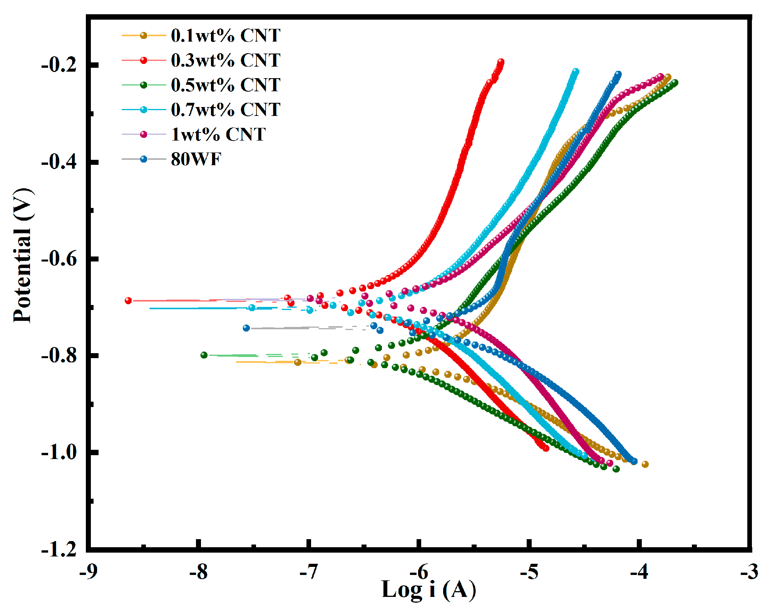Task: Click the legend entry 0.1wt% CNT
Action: pyautogui.click(x=226, y=35)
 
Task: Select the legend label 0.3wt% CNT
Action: pyautogui.click(x=226, y=60)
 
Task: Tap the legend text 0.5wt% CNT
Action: pyautogui.click(x=226, y=85)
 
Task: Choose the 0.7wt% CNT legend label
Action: pyautogui.click(x=226, y=110)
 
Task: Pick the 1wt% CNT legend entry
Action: pyautogui.click(x=218, y=134)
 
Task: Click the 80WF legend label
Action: pyautogui.click(x=196, y=159)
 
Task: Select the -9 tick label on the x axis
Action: pyautogui.click(x=88, y=571)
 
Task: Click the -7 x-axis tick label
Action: pyautogui.click(x=309, y=571)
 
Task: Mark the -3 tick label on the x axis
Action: pyautogui.click(x=749, y=571)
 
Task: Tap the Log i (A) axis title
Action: pyautogui.click(x=429, y=589)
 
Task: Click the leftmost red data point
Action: pyautogui.click(x=128, y=301)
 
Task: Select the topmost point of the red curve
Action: pyautogui.click(x=501, y=62)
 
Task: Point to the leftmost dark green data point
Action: pyautogui.click(x=204, y=355)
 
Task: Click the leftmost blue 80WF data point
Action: pyautogui.click(x=246, y=328)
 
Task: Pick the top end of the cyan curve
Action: pyautogui.click(x=576, y=71)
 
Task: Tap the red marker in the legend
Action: pyautogui.click(x=144, y=60)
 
